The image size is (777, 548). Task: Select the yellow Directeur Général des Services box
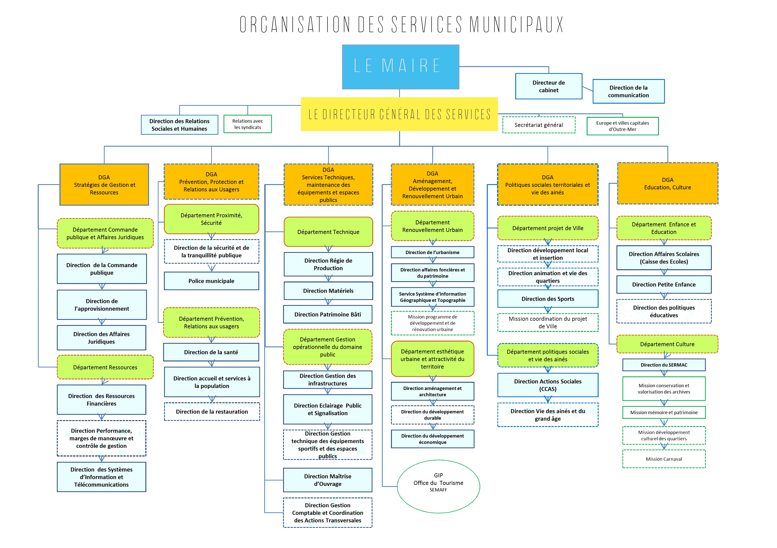tap(399, 114)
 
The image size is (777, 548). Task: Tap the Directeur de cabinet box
tap(549, 86)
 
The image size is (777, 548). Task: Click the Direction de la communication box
tap(628, 91)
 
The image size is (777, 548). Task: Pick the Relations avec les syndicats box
tap(248, 124)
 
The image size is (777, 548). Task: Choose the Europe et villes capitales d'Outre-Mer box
tap(623, 126)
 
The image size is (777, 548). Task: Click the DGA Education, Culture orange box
tap(668, 184)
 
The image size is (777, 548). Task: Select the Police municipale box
tap(211, 281)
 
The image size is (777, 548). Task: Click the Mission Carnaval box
tap(664, 459)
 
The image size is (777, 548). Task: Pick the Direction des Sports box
tap(548, 299)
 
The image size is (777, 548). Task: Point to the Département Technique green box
tap(328, 232)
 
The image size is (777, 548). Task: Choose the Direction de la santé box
tap(211, 352)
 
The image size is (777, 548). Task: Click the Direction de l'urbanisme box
tap(432, 252)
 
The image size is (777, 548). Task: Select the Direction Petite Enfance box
tap(664, 285)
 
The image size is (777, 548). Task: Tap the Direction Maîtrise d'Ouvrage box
tap(328, 480)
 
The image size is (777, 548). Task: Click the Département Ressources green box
tap(105, 367)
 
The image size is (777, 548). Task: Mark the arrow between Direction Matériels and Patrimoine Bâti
tap(328, 302)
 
